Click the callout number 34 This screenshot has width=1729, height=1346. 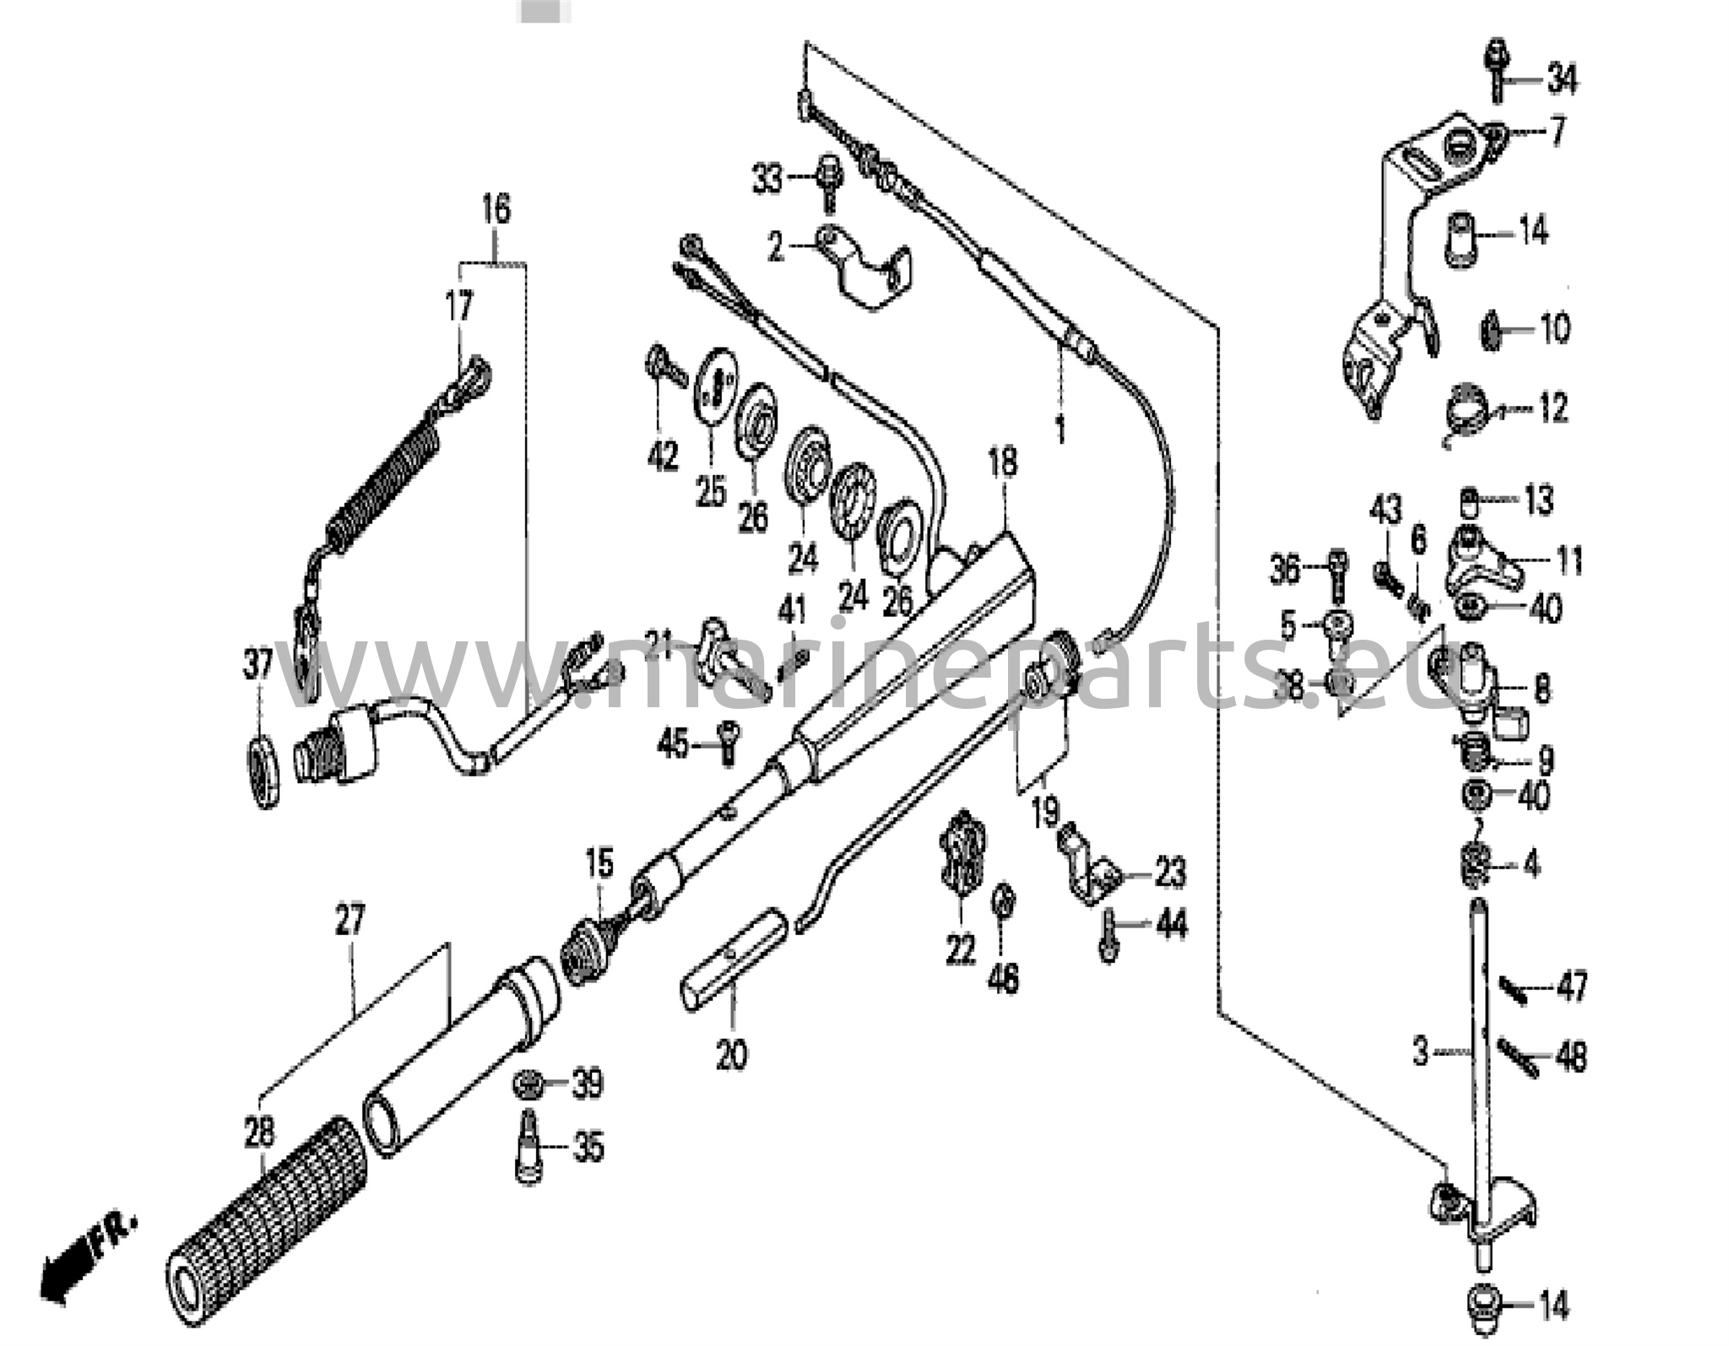pyautogui.click(x=1562, y=80)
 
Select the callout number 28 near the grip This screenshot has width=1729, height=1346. pyautogui.click(x=258, y=1132)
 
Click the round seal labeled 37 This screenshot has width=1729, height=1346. pyautogui.click(x=263, y=770)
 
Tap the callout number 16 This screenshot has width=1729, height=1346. pyautogui.click(x=496, y=208)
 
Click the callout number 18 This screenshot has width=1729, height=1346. pyautogui.click(x=1002, y=462)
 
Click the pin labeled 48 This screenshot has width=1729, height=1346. pyautogui.click(x=1517, y=1056)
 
